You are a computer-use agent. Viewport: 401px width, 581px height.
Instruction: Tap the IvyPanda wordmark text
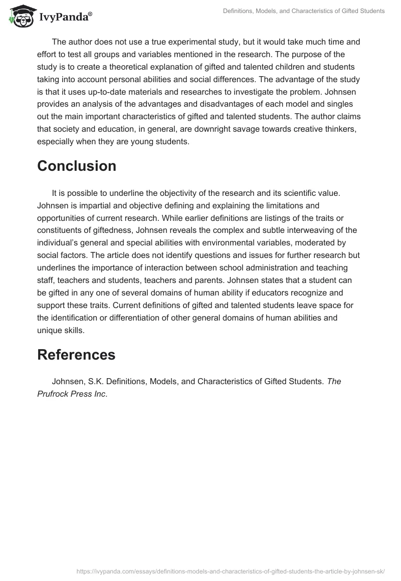[x=65, y=17]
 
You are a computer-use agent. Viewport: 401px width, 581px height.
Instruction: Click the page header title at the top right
[x=304, y=11]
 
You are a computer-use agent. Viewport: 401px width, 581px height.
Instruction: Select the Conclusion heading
[x=77, y=166]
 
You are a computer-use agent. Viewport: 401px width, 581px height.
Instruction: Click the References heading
[x=76, y=355]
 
